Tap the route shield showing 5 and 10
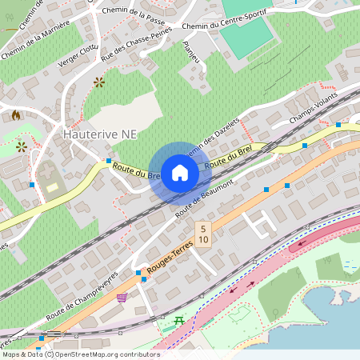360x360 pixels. [204, 234]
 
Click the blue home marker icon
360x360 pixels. [179, 173]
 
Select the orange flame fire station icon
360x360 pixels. [15, 115]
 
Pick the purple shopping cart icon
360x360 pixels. [122, 298]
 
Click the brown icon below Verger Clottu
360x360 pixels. [99, 82]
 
